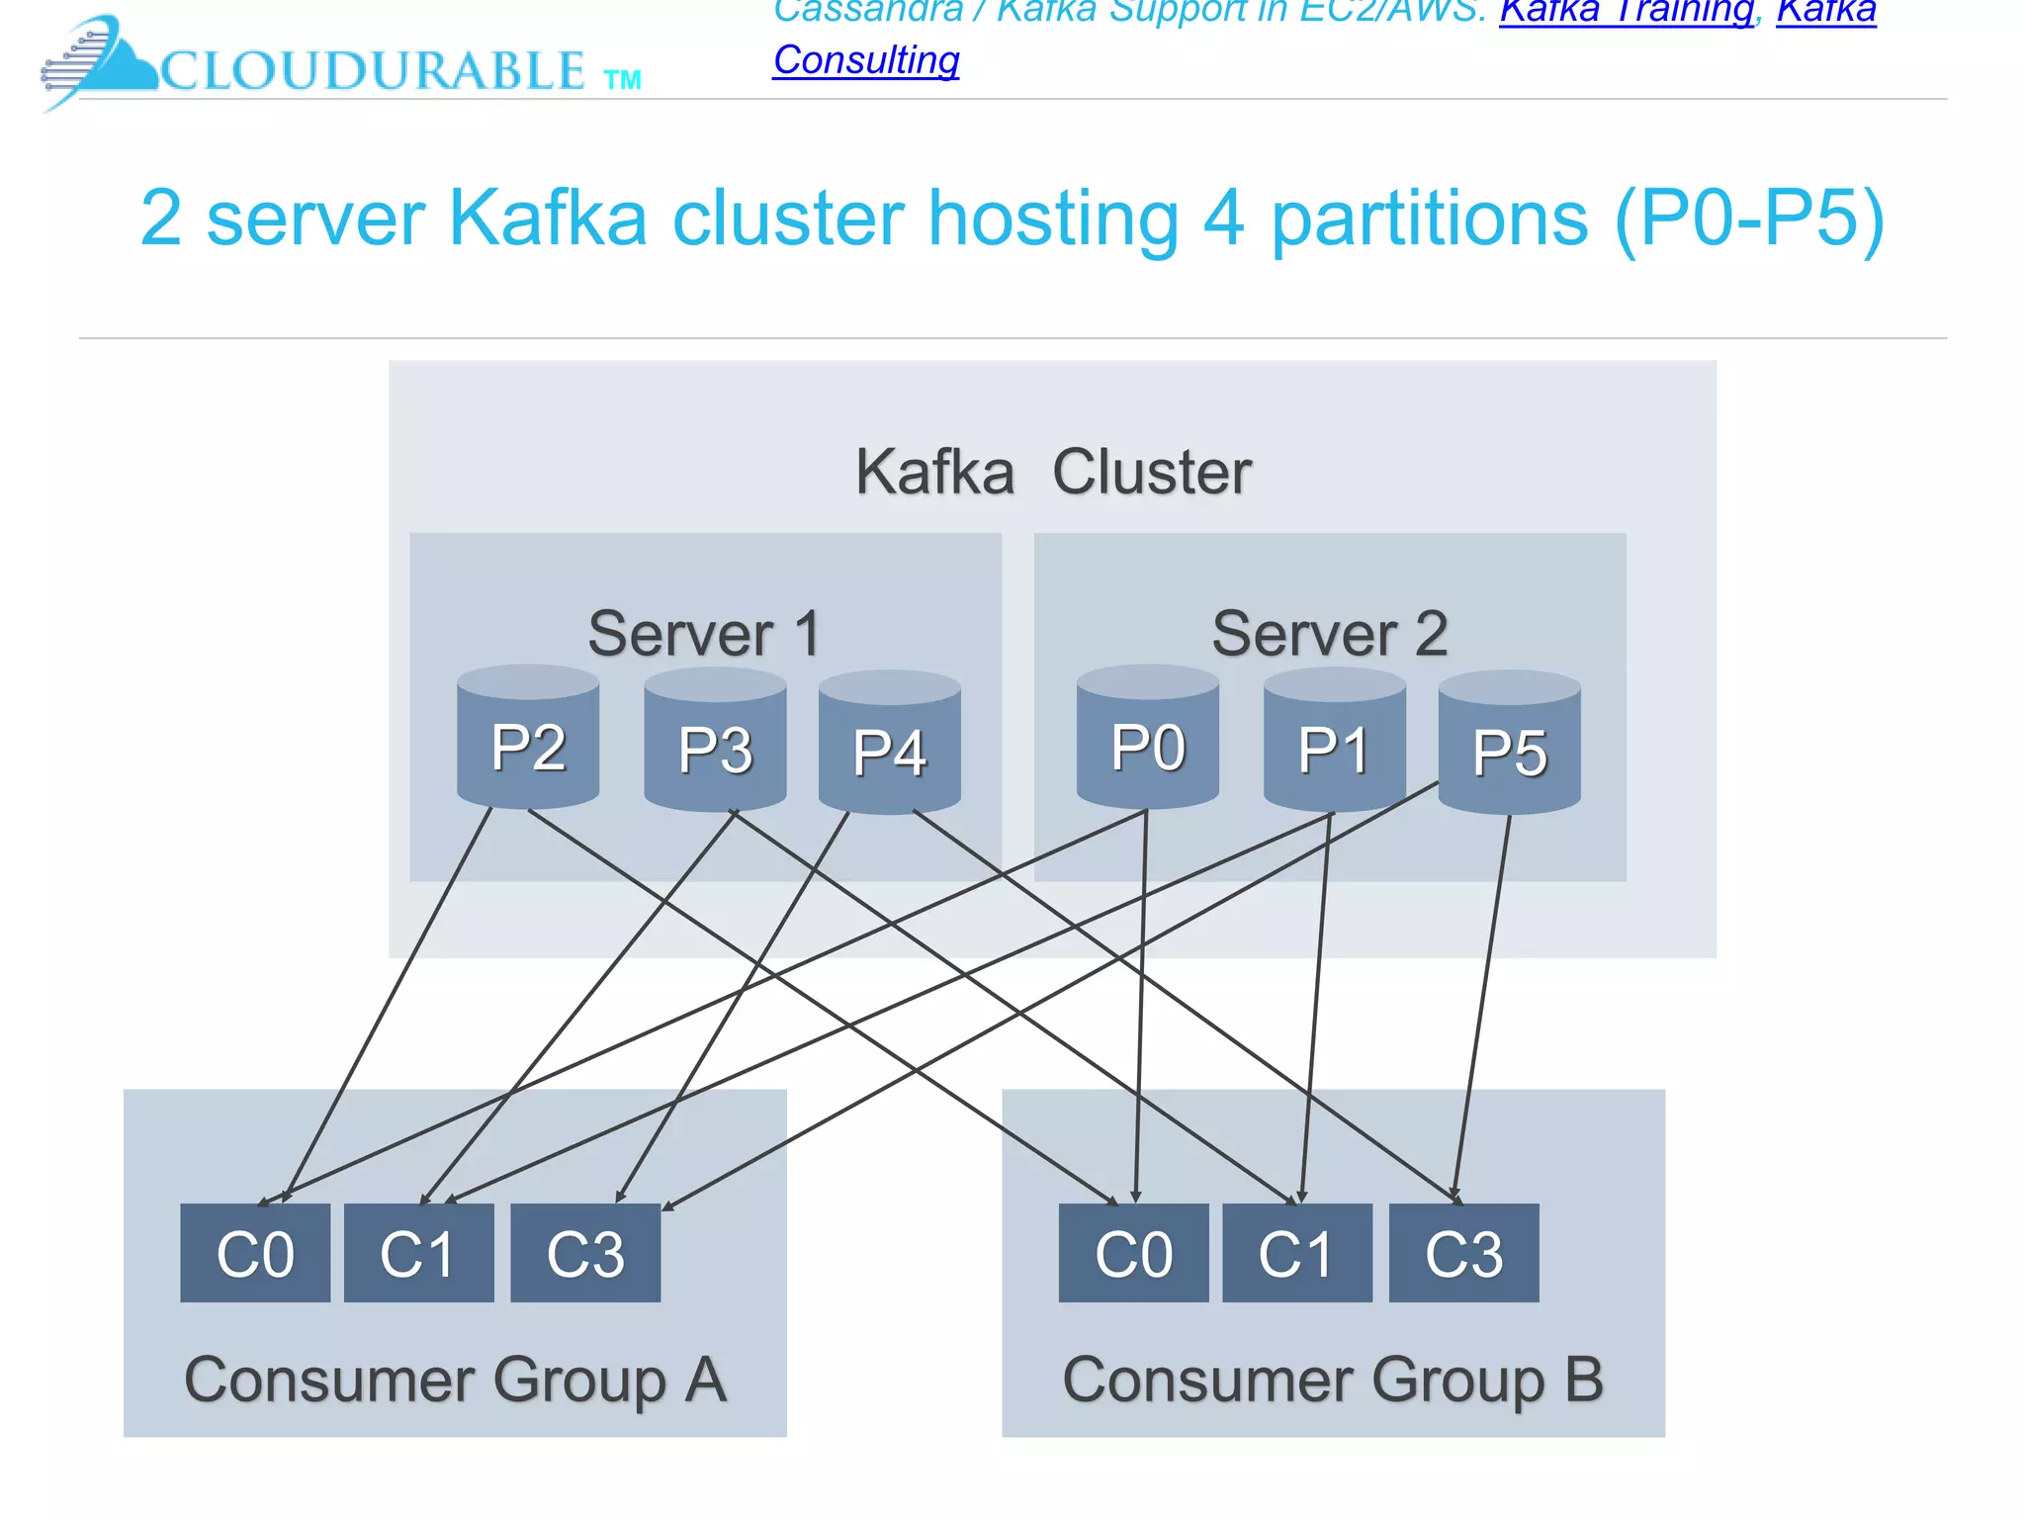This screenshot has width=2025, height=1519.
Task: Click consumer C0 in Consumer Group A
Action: pyautogui.click(x=255, y=1253)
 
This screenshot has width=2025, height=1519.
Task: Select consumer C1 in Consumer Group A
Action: pyautogui.click(x=418, y=1253)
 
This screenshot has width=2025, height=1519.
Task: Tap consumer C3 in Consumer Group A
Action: pyautogui.click(x=585, y=1253)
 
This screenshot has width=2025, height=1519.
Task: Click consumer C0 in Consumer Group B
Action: pyautogui.click(x=1133, y=1253)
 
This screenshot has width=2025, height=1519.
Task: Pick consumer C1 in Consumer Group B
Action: pyautogui.click(x=1296, y=1253)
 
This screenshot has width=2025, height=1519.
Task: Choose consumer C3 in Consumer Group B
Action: pyautogui.click(x=1463, y=1253)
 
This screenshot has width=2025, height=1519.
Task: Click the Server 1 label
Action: pyautogui.click(x=704, y=633)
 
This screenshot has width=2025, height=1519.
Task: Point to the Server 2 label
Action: pyautogui.click(x=1330, y=633)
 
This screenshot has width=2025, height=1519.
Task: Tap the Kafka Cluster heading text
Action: pyautogui.click(x=1053, y=472)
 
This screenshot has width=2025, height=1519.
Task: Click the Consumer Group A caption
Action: pyautogui.click(x=455, y=1379)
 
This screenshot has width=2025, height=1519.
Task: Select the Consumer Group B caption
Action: pyautogui.click(x=1333, y=1379)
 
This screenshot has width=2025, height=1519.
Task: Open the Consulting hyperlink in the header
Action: pyautogui.click(x=866, y=60)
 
